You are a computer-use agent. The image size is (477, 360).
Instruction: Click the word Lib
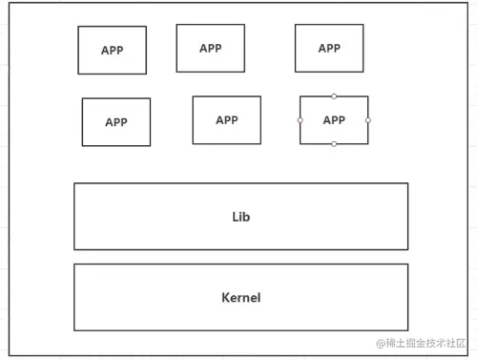[x=240, y=217]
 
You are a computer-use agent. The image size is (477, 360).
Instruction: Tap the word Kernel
[x=240, y=297]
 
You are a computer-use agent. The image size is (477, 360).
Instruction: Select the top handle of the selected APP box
[x=334, y=95]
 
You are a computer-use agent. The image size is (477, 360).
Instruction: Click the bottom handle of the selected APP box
[x=334, y=144]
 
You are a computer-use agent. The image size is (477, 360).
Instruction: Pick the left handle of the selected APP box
[x=300, y=120]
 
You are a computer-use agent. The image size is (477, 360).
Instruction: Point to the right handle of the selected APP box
[x=368, y=120]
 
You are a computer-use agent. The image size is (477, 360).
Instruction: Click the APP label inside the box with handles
[x=334, y=120]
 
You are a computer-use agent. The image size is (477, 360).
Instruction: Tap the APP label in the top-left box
[x=113, y=51]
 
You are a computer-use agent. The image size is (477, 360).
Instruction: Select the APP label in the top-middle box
[x=211, y=48]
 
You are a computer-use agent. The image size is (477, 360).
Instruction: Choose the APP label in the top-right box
[x=329, y=48]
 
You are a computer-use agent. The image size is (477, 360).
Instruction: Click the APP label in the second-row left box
[x=116, y=122]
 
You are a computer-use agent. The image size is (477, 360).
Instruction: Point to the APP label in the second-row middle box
[x=227, y=120]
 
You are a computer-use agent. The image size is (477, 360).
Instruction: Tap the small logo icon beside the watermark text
[x=380, y=343]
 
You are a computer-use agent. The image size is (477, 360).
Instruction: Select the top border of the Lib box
[x=240, y=183]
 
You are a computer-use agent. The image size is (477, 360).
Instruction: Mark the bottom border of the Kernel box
[x=240, y=330]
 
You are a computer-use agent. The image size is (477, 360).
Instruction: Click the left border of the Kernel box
[x=74, y=297]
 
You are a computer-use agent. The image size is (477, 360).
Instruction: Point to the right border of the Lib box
[x=407, y=217]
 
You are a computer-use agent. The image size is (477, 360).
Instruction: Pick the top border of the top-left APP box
[x=113, y=27]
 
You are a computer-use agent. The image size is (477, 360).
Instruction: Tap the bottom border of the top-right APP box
[x=329, y=72]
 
